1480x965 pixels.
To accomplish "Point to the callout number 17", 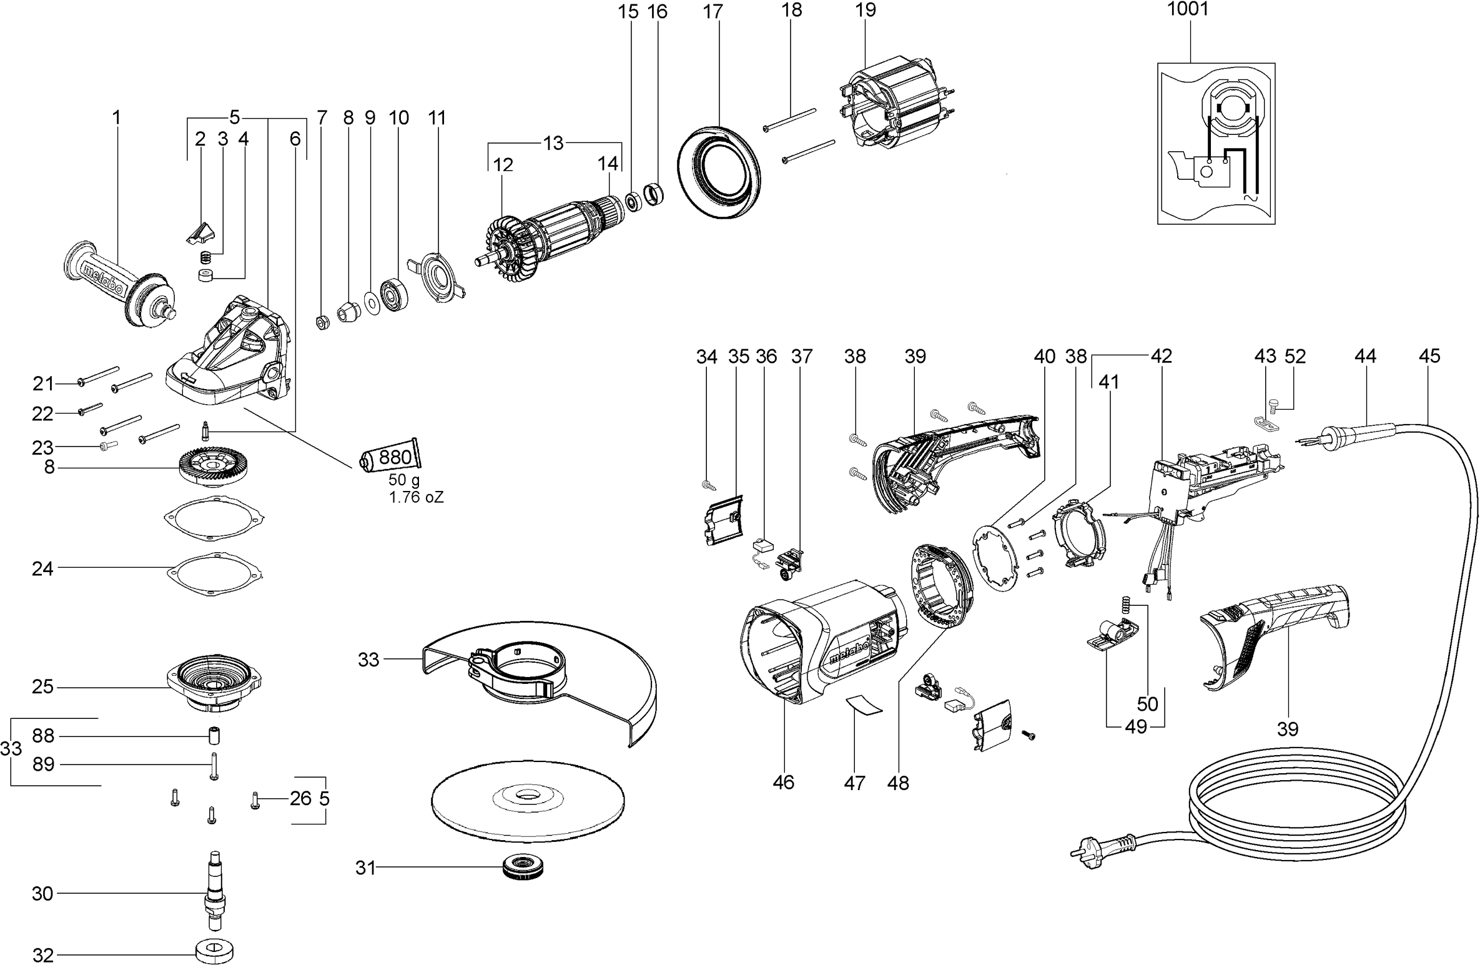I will point(713,11).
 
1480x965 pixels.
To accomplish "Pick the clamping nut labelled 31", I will point(525,868).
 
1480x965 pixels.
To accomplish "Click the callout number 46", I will point(783,782).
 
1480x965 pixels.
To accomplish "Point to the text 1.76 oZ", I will point(416,498).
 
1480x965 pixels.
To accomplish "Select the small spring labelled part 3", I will point(204,257).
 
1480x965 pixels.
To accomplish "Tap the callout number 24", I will point(42,568).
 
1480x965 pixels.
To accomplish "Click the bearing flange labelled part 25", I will point(214,686).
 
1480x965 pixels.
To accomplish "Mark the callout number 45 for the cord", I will point(1429,356).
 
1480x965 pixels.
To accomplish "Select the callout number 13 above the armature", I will point(553,143).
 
